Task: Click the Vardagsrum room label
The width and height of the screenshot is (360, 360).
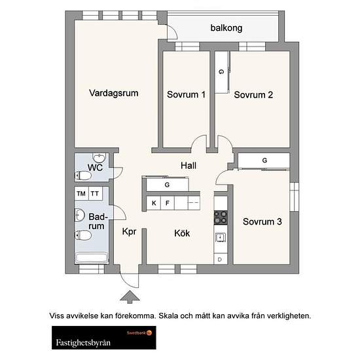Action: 114,93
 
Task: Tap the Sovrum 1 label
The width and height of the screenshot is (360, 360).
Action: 186,94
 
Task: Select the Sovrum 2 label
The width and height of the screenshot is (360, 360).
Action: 253,95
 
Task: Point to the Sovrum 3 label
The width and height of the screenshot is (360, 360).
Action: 262,221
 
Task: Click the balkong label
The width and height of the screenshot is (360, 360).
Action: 226,28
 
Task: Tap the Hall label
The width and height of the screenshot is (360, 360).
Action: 189,166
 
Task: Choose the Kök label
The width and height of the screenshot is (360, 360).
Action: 182,233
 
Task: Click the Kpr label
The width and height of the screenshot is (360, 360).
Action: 129,232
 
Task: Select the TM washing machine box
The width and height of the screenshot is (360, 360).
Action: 82,194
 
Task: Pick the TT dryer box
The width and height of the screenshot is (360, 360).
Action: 96,194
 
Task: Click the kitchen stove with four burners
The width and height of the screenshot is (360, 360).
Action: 221,217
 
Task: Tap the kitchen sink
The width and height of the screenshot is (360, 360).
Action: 221,238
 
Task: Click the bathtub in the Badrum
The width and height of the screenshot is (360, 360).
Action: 92,259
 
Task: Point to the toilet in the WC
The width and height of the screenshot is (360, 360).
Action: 83,176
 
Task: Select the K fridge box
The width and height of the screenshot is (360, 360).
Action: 154,203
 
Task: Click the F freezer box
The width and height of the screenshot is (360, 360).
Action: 168,203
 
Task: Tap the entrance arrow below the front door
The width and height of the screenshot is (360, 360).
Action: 130,297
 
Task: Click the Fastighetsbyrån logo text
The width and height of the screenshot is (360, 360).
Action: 83,343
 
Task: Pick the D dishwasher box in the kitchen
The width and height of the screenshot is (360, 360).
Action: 221,259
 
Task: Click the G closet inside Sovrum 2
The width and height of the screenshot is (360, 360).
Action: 222,72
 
